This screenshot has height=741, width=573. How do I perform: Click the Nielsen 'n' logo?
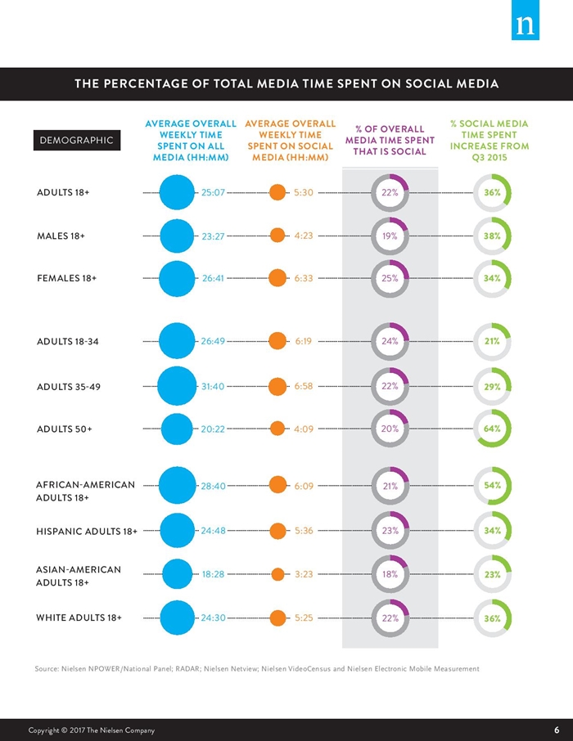pos(526,20)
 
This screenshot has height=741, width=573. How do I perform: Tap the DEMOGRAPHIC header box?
pos(77,141)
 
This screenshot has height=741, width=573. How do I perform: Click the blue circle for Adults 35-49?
pos(177,387)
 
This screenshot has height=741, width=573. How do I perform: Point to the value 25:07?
pos(213,192)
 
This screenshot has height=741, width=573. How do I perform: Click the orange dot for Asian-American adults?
pos(277,574)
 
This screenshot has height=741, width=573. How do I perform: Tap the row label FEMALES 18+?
pos(67,278)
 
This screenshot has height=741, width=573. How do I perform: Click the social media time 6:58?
pos(304,386)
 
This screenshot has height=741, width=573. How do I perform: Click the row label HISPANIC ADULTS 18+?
pos(87,531)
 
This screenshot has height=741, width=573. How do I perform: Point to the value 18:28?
pos(213,574)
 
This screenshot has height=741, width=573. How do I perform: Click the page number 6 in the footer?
pos(557,730)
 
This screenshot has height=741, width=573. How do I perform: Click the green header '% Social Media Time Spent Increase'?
pos(490,141)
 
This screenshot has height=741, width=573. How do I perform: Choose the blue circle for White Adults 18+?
pos(178,617)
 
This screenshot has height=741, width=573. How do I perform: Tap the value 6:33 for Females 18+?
pos(304,278)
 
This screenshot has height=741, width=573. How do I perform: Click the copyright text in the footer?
pos(92,730)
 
